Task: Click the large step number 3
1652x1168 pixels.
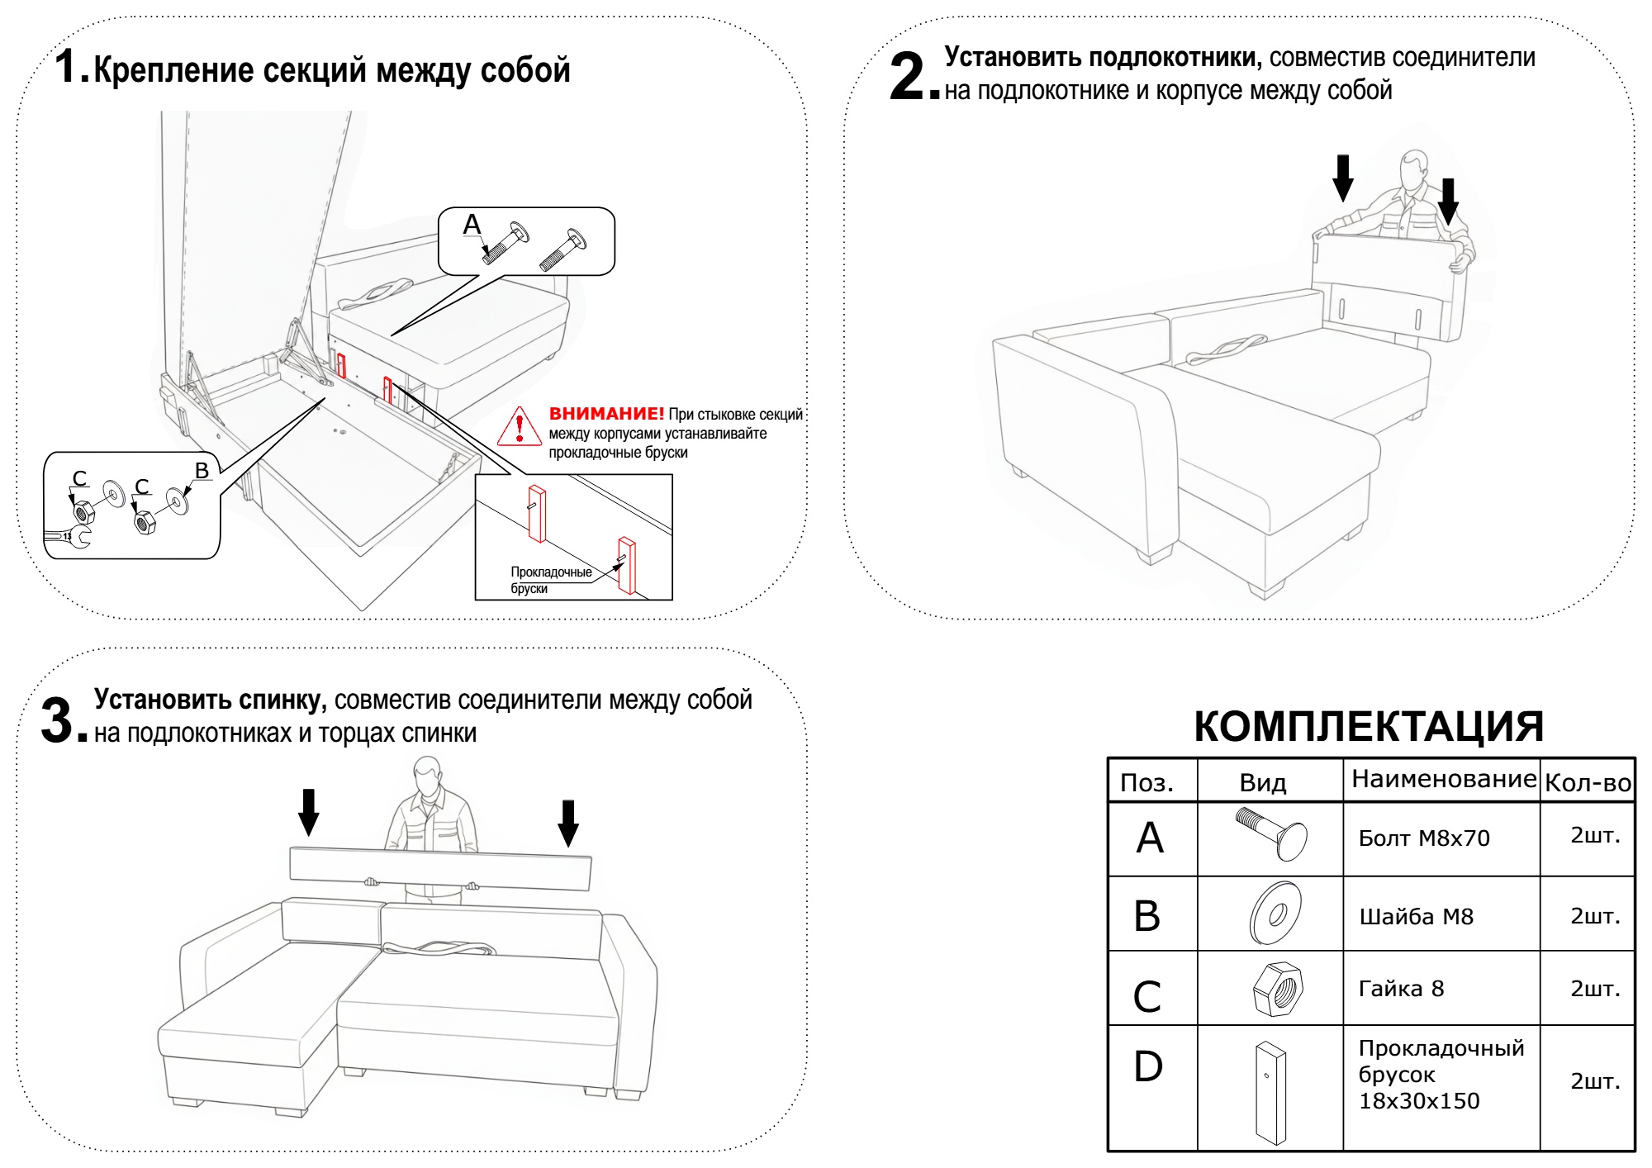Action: tap(58, 720)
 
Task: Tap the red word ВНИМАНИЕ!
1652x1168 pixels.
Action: tap(606, 414)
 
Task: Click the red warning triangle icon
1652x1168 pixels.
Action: tap(519, 427)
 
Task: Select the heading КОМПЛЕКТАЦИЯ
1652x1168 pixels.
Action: tap(1369, 727)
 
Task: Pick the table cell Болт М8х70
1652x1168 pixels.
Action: tap(1424, 838)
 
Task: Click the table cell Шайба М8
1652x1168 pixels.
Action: tap(1416, 917)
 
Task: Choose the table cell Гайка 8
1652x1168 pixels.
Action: tap(1401, 989)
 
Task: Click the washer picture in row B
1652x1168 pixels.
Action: tap(1276, 914)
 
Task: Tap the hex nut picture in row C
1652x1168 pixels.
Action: tap(1278, 989)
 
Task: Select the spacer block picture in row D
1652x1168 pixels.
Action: tap(1270, 1092)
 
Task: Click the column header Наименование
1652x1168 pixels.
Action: tap(1443, 779)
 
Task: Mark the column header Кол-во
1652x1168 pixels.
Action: tap(1588, 783)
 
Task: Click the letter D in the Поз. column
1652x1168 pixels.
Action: tap(1148, 1066)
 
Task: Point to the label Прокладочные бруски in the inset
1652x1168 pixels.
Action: tap(550, 580)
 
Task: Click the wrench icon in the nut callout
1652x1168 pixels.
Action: tap(68, 538)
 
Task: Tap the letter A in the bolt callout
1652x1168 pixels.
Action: tap(472, 224)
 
